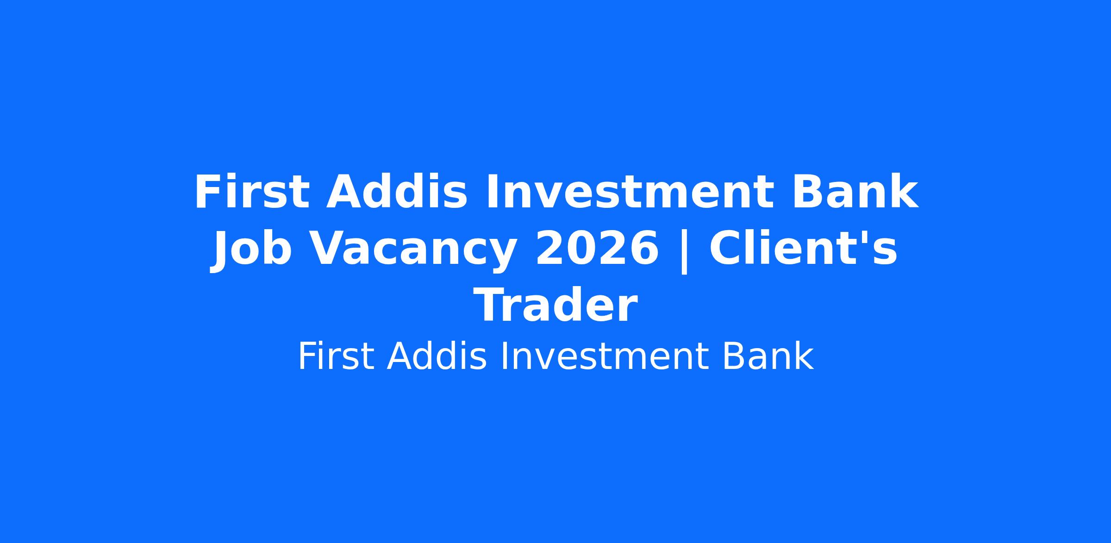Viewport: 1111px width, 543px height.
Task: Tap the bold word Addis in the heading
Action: [397, 192]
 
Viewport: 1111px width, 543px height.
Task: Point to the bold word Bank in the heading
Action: [855, 192]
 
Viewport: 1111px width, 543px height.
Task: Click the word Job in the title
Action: [252, 250]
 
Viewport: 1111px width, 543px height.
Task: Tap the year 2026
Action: [597, 249]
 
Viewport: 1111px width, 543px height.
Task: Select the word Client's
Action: [803, 249]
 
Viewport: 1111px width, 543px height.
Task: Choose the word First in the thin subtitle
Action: [336, 357]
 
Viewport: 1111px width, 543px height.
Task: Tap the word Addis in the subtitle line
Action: [437, 357]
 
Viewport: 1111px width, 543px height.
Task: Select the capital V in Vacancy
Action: [328, 249]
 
